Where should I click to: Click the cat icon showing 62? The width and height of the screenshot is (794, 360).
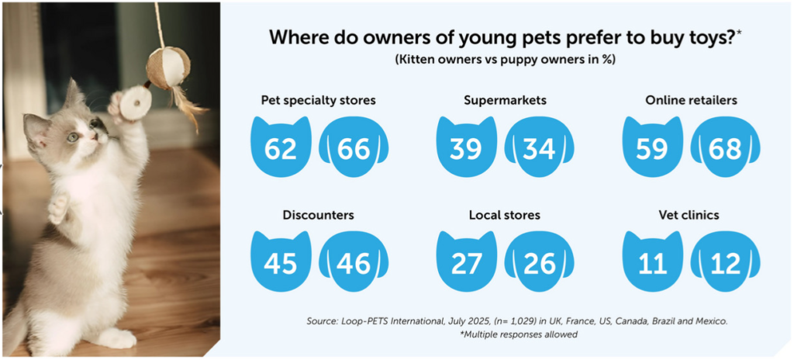(281, 147)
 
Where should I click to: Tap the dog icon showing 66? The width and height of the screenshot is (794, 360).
(354, 147)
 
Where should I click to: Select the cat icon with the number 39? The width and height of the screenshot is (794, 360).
(466, 147)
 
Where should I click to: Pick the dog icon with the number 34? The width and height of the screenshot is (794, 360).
(539, 147)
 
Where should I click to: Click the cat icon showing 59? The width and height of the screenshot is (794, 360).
(653, 147)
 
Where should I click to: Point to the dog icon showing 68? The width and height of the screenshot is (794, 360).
(725, 147)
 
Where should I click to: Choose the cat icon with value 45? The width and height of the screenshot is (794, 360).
(281, 262)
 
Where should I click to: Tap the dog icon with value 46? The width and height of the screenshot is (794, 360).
(354, 262)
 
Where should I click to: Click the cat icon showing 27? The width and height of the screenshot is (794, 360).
(466, 262)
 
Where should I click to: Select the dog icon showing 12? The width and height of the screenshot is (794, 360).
(725, 262)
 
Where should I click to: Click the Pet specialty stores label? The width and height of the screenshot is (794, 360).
(318, 100)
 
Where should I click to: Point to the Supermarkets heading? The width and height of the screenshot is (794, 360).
(505, 100)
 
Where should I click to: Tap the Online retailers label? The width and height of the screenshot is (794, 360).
(690, 100)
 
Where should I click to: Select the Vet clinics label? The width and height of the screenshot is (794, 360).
(689, 215)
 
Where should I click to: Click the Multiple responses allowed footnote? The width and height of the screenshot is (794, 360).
(506, 334)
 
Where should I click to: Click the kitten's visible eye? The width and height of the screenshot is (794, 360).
(72, 137)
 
